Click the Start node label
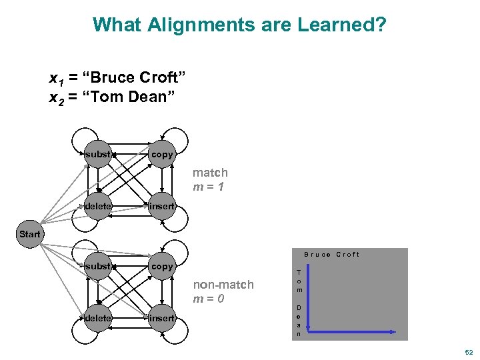click(30, 234)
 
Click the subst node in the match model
click(98, 155)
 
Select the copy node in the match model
click(162, 155)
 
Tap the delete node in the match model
click(98, 206)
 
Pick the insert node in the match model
click(162, 206)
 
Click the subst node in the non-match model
click(98, 266)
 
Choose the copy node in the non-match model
click(162, 266)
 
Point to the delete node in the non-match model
click(98, 318)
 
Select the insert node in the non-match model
click(162, 318)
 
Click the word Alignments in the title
click(187, 25)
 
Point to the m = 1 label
click(208, 187)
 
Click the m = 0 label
click(209, 299)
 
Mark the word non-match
click(223, 285)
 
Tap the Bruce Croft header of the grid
click(331, 255)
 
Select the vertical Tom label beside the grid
click(299, 281)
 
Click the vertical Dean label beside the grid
click(299, 320)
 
